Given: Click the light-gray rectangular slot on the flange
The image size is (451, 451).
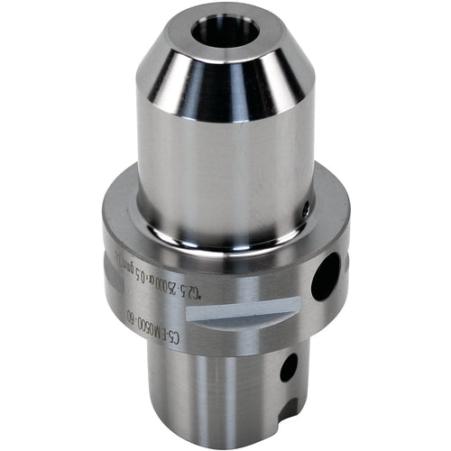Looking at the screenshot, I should tap(239, 311).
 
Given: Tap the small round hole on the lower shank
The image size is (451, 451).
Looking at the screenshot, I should tap(289, 366).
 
